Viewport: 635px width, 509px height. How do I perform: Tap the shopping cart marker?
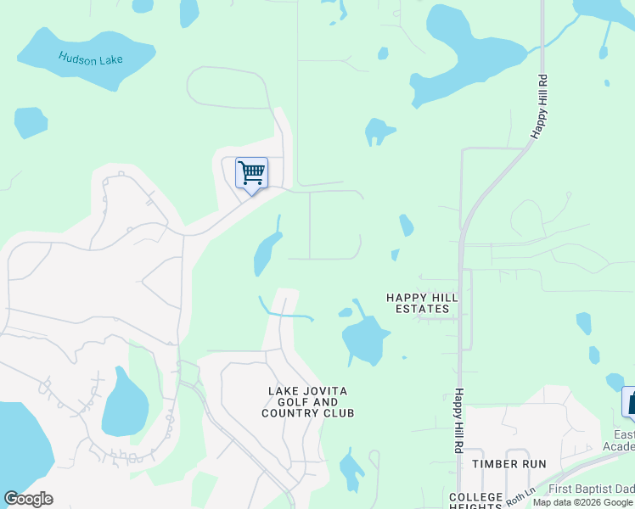tap(251, 174)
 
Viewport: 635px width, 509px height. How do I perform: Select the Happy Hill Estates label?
tap(422, 303)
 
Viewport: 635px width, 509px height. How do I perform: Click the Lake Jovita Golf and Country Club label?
tap(307, 402)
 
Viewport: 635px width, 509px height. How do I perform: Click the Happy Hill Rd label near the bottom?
tap(458, 420)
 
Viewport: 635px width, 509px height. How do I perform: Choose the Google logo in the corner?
tap(28, 499)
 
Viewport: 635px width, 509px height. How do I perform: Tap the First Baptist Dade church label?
tap(591, 489)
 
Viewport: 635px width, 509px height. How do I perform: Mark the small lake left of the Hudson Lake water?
tap(31, 122)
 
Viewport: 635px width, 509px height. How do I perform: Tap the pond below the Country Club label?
tap(351, 470)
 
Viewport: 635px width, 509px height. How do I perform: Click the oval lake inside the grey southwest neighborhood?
tap(124, 403)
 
